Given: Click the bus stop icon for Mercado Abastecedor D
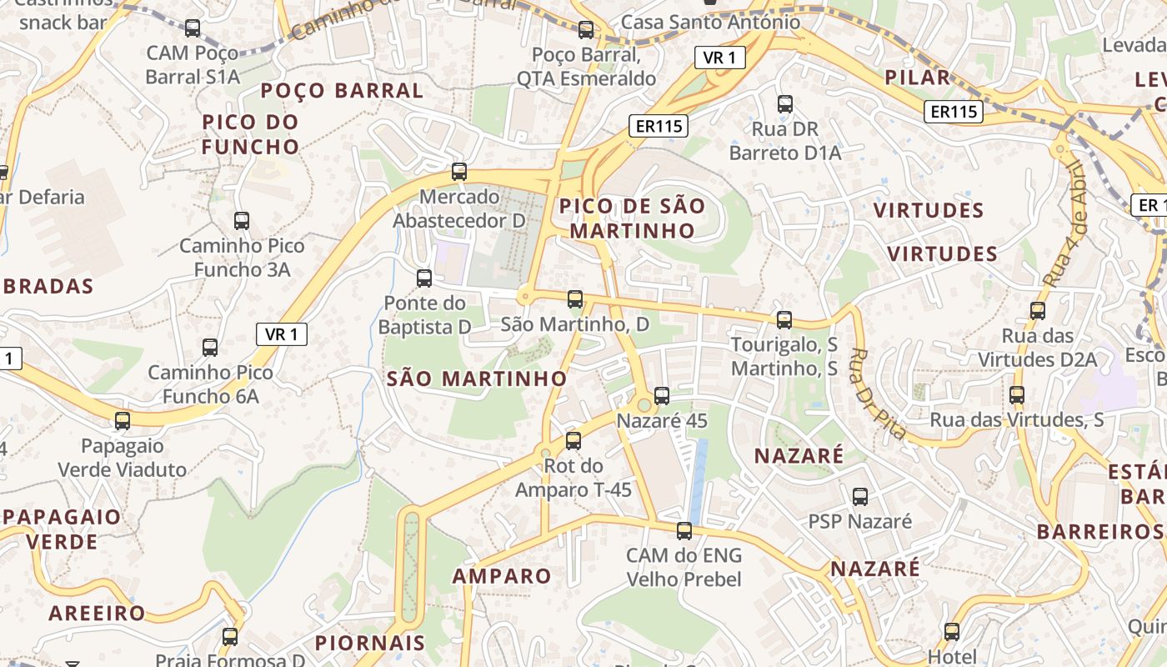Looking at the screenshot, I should [458, 172].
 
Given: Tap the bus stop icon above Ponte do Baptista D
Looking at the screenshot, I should [424, 278].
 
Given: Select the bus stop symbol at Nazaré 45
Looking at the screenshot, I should [662, 396].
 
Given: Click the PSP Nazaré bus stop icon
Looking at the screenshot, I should [860, 497].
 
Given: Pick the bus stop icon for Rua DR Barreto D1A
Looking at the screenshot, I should [785, 104].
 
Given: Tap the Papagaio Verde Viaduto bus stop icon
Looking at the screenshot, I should [123, 421].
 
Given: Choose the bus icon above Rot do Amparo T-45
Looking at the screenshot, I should [573, 441].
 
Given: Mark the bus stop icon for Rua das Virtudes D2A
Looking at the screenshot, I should [1038, 311].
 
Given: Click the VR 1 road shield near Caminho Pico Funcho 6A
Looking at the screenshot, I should [282, 334].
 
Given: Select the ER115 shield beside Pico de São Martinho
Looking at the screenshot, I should [659, 126].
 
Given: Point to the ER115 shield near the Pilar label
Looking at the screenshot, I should [954, 111].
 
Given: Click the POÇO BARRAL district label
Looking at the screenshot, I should [342, 90].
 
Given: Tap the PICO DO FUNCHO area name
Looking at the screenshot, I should [250, 134].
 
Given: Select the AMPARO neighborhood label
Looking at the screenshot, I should [502, 576].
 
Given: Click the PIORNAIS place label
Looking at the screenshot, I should [370, 643].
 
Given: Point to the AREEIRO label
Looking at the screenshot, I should [98, 614].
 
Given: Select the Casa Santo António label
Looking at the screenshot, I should [711, 23].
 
